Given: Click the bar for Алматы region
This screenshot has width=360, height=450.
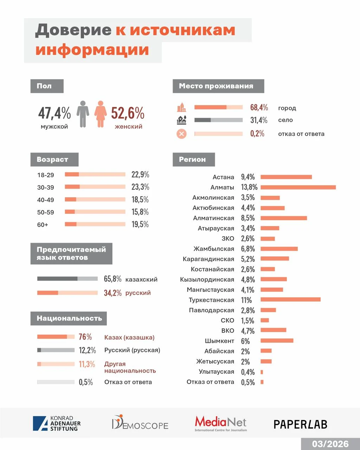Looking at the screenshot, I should pyautogui.click(x=298, y=187).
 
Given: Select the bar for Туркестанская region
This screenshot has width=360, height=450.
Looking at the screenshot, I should pyautogui.click(x=290, y=300).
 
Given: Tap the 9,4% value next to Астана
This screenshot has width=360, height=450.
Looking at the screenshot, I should pyautogui.click(x=248, y=177).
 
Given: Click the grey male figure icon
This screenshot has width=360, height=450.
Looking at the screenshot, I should pyautogui.click(x=83, y=114).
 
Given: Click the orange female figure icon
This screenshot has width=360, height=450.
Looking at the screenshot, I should pyautogui.click(x=101, y=114).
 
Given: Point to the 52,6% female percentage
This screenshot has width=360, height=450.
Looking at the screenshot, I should pyautogui.click(x=128, y=113).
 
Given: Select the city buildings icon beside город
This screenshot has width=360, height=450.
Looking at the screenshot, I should pyautogui.click(x=181, y=107).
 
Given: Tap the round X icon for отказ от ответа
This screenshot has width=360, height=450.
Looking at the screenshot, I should pyautogui.click(x=181, y=134).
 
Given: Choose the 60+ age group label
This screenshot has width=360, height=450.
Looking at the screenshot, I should pyautogui.click(x=43, y=225).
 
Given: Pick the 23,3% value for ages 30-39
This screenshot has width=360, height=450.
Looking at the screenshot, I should pyautogui.click(x=140, y=187).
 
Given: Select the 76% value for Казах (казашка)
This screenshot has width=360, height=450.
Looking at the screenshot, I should pyautogui.click(x=85, y=337).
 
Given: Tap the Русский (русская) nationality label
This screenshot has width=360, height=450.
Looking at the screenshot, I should pyautogui.click(x=132, y=350).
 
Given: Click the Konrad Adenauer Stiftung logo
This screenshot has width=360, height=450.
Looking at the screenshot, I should pyautogui.click(x=57, y=424).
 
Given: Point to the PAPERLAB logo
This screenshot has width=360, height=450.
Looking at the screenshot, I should pyautogui.click(x=300, y=424).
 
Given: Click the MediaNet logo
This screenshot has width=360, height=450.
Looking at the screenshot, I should pyautogui.click(x=221, y=423).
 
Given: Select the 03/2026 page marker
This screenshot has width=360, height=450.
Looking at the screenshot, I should pyautogui.click(x=330, y=444).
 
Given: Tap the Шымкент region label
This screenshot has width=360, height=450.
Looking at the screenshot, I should pyautogui.click(x=219, y=341).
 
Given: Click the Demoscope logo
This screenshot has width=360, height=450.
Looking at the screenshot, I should pyautogui.click(x=140, y=423).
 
